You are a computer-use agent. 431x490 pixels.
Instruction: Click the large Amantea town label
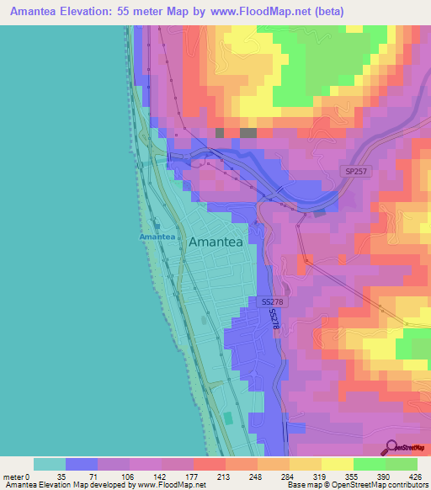[215, 242]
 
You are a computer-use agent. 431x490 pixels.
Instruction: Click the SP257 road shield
[357, 171]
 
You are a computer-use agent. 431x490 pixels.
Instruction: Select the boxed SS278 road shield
[271, 301]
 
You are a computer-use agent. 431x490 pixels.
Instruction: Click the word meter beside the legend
[13, 476]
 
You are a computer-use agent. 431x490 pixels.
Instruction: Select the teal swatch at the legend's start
[49, 464]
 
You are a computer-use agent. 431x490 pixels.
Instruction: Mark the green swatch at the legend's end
[402, 464]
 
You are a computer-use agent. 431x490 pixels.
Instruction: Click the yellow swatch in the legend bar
[338, 464]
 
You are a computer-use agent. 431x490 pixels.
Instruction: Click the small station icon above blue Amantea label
[156, 226]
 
